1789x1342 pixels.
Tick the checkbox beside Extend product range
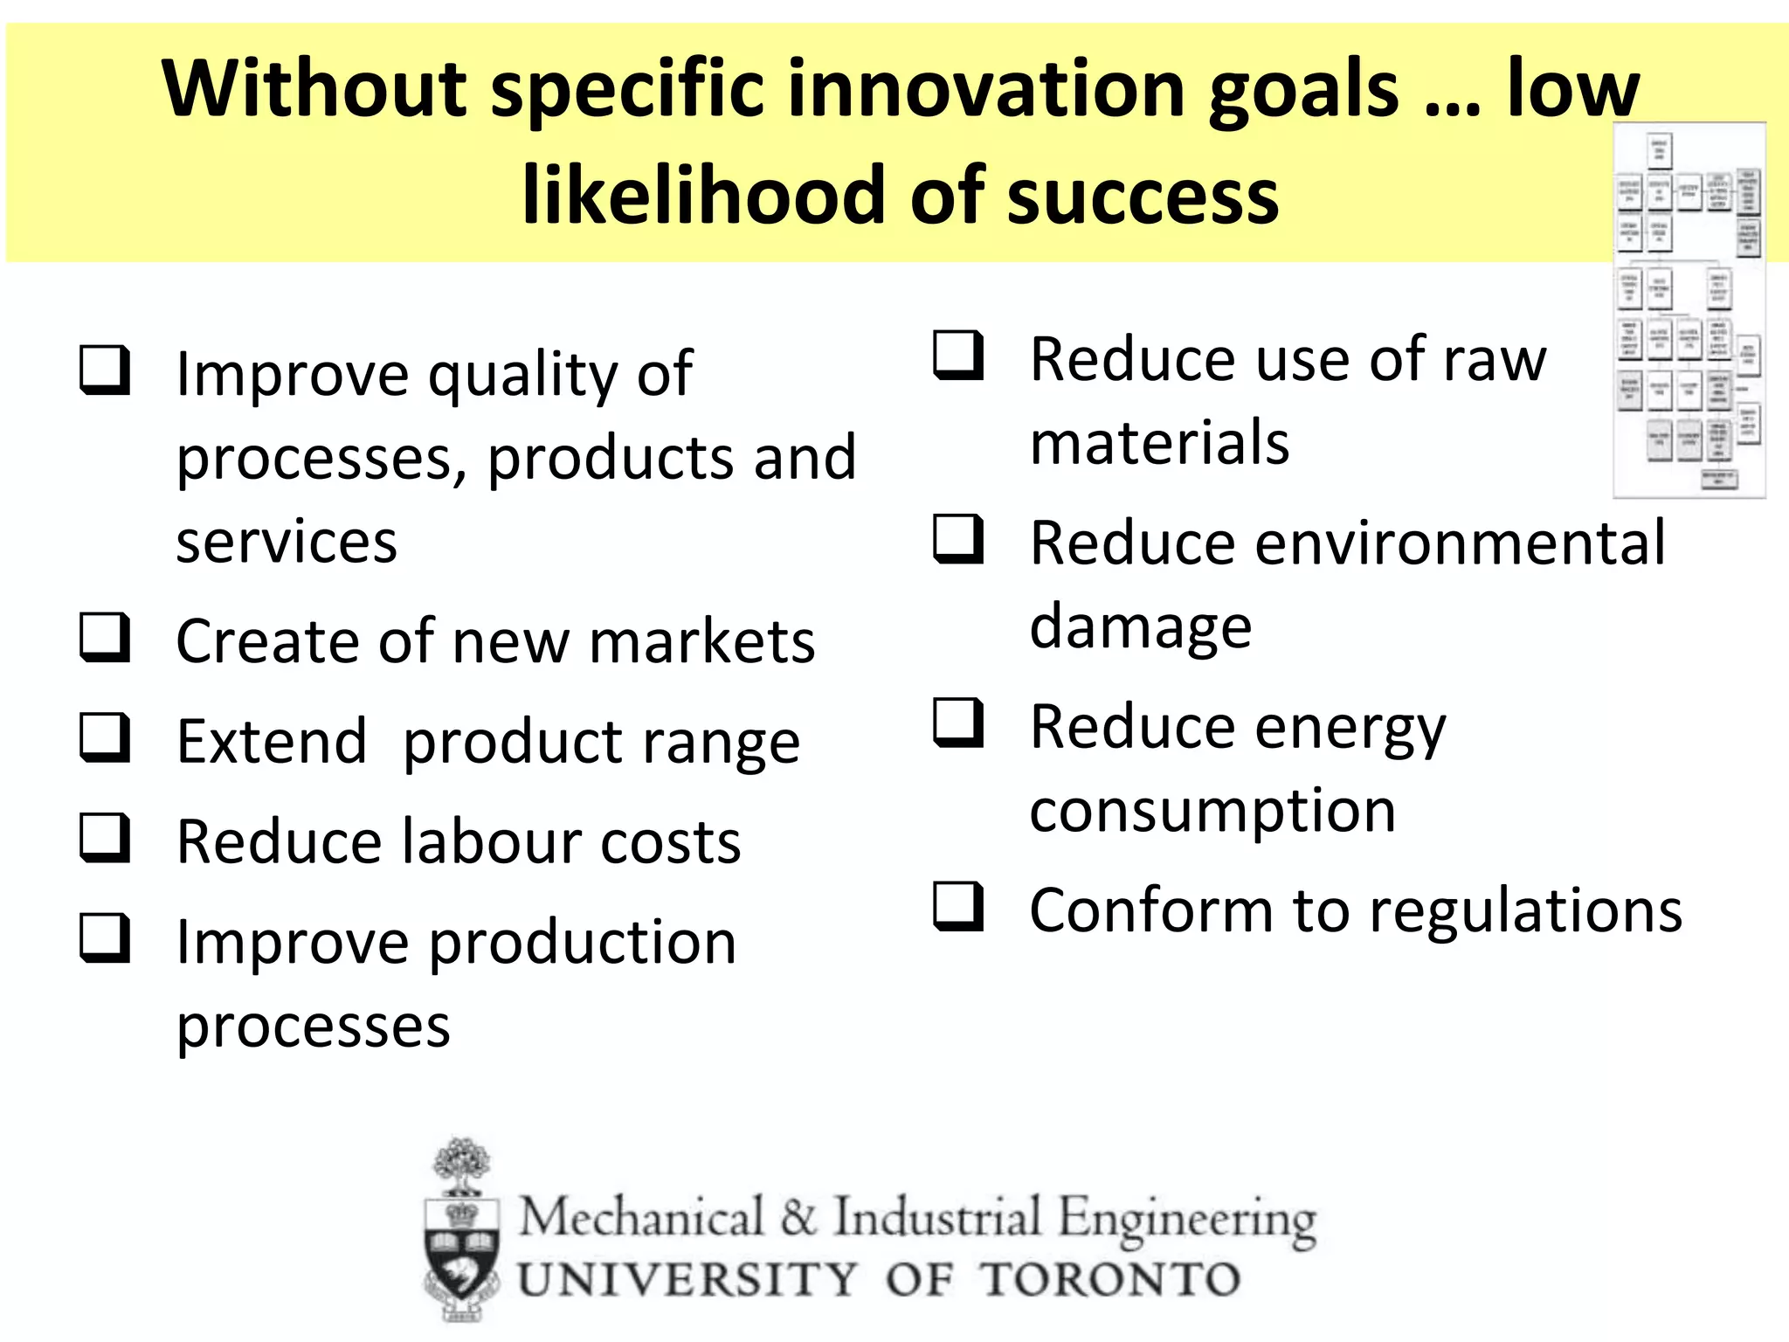point(105,737)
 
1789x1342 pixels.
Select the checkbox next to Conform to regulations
point(958,905)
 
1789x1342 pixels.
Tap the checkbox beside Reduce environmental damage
point(958,538)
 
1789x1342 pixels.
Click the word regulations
point(1525,910)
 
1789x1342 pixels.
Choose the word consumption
point(1212,811)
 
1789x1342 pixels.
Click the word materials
point(1159,442)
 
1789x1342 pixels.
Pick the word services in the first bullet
point(287,542)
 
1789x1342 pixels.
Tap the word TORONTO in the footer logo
point(1109,1281)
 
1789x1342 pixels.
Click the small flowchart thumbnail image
point(1688,310)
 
